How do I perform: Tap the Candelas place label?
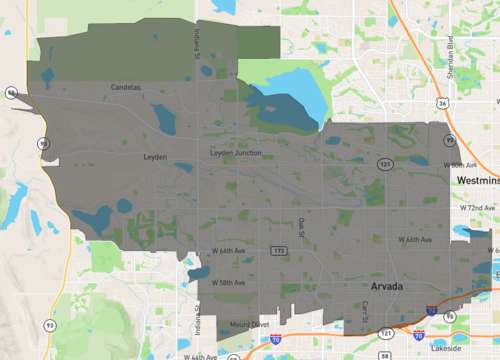click(128, 88)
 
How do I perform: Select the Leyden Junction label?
click(235, 152)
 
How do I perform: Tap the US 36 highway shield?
click(443, 102)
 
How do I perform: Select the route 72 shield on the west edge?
click(10, 92)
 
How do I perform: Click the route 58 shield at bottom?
click(385, 355)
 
